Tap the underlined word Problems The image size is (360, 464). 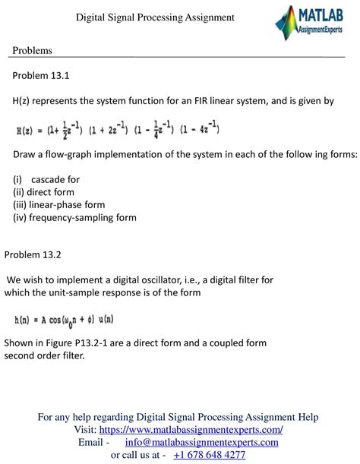(33, 50)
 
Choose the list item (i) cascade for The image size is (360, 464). (46, 180)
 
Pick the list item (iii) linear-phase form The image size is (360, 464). (58, 205)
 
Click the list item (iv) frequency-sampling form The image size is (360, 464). (74, 217)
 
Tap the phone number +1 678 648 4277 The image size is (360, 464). (209, 454)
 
